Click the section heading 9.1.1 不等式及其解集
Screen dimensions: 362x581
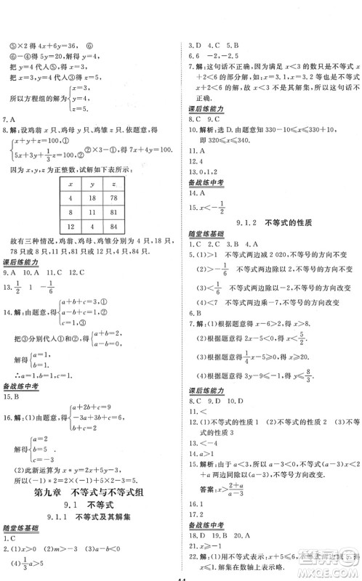[90, 517]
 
